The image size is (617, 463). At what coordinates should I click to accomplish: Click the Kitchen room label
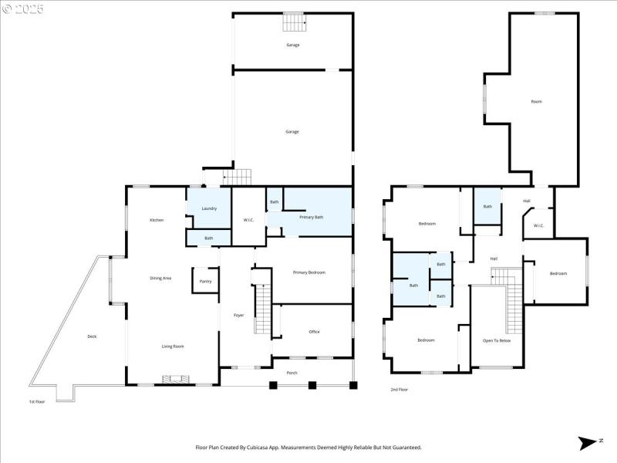(157, 221)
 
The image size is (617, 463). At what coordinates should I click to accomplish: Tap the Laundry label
(209, 208)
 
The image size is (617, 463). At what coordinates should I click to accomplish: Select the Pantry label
(205, 281)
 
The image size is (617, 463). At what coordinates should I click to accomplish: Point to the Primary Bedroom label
(309, 272)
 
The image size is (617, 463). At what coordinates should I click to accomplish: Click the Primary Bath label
(312, 217)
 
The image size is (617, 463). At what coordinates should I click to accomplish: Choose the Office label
(314, 332)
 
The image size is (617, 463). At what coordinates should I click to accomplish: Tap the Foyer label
(238, 315)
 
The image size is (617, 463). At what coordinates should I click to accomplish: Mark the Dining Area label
(160, 278)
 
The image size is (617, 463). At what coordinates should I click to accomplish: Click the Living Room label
(173, 346)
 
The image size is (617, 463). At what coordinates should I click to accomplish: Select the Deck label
(92, 336)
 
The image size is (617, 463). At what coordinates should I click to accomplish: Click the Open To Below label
(497, 340)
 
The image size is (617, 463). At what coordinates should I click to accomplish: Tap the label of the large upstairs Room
(536, 101)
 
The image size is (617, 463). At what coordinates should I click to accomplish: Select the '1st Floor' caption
(37, 401)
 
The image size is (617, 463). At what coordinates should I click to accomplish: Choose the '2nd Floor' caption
(399, 389)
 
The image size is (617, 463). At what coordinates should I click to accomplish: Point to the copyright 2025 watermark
(23, 8)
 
